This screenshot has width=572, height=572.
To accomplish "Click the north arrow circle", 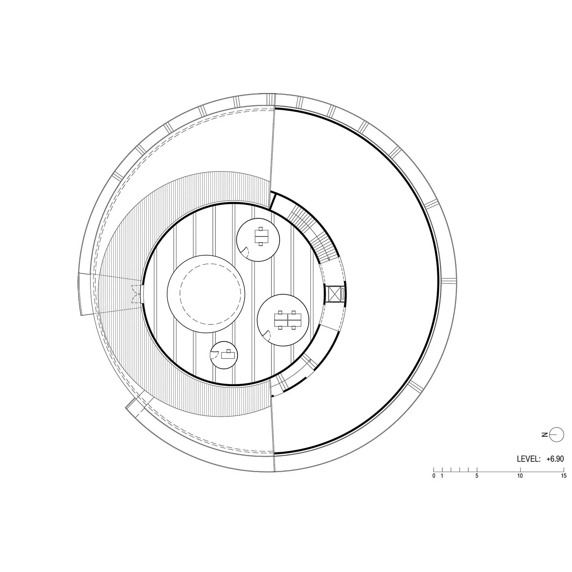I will [557, 434].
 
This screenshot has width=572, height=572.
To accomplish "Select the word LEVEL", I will [529, 459].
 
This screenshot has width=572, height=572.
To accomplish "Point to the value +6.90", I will [555, 459].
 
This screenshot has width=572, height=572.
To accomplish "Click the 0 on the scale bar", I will [434, 476].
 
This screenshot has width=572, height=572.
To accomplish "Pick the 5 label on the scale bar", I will [477, 476].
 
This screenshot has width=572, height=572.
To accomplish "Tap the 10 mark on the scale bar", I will [520, 476].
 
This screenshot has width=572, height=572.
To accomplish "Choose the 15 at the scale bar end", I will [563, 476].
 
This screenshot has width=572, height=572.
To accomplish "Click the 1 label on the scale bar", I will [442, 476].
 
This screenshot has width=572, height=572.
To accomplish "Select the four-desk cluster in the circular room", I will [288, 320].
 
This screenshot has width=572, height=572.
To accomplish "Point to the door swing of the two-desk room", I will [246, 251].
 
